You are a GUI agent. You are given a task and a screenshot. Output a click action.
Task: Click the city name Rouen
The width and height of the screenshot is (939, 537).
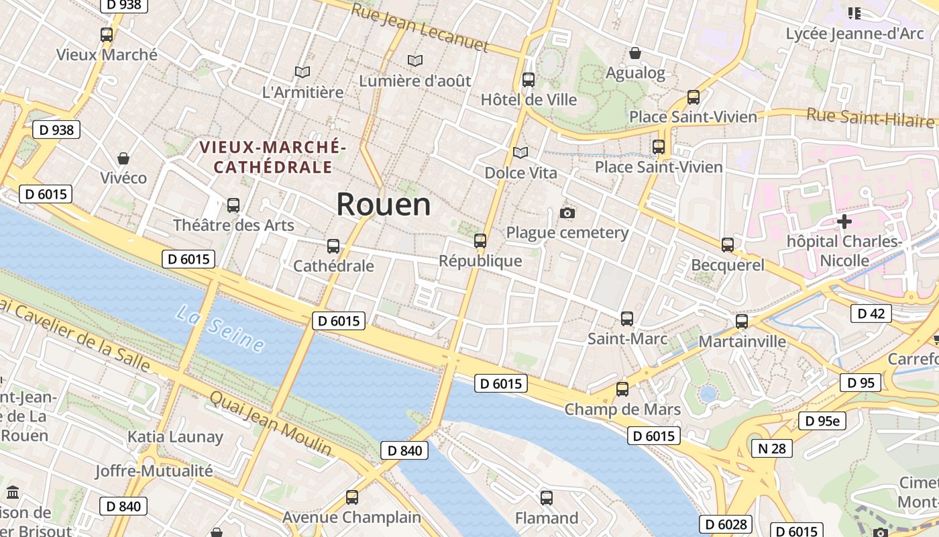pos(383,204)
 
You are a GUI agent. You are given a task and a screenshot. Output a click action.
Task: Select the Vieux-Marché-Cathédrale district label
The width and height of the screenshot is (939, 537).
pos(273,157)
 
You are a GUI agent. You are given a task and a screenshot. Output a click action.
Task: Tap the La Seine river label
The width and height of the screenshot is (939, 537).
pos(221,328)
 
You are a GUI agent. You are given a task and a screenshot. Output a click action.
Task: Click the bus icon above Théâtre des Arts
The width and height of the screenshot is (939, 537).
pos(233,205)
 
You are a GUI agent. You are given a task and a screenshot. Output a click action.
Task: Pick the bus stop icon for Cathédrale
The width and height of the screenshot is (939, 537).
pos(333,246)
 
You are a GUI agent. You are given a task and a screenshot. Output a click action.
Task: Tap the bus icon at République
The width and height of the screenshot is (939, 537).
pos(480,241)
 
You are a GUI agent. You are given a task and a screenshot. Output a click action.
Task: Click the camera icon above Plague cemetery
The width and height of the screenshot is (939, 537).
pos(567,213)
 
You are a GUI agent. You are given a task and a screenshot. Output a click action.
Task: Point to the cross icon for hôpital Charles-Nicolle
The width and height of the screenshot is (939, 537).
pos(844,221)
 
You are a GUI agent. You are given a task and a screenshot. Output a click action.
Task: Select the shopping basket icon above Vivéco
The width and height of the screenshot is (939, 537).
pos(123,158)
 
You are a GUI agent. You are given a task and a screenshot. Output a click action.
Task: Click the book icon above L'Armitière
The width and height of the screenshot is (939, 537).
pos(302,72)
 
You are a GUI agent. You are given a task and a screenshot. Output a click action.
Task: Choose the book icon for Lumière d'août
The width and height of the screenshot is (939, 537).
pos(415,60)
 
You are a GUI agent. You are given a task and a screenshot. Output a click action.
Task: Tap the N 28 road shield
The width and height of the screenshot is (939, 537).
pos(772,448)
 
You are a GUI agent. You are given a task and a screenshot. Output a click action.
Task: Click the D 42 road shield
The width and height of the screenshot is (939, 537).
pos(871,313)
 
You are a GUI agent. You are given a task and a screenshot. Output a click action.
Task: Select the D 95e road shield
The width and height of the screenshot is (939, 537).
pos(822,421)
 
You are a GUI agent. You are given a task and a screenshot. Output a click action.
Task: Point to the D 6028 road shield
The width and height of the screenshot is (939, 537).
pos(726,524)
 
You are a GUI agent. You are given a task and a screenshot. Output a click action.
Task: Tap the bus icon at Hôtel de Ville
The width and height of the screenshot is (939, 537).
pos(529,80)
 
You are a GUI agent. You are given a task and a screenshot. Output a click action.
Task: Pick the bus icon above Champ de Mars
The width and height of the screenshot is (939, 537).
pos(622,389)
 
